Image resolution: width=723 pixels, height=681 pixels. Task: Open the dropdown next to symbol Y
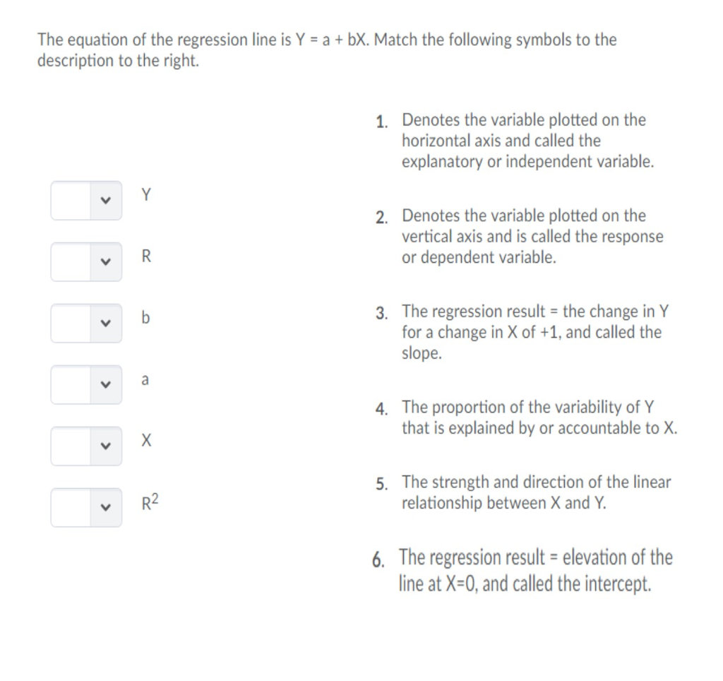coord(86,200)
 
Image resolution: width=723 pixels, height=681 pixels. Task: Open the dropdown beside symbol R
coord(86,261)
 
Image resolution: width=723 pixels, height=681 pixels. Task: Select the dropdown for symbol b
coord(86,323)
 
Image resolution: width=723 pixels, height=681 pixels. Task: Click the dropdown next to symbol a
coord(86,384)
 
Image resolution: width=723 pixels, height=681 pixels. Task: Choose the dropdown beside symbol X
coord(86,446)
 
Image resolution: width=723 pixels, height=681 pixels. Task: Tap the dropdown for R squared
coord(86,507)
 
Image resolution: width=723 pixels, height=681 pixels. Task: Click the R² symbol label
coord(150,503)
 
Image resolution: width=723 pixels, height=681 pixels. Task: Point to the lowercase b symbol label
coord(145,318)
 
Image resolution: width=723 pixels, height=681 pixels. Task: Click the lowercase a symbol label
coord(145,380)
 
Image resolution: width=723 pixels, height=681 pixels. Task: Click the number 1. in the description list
coord(382,122)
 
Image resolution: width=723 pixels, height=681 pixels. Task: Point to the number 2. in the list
coord(382,218)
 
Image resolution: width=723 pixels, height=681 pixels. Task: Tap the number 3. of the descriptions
coord(382,313)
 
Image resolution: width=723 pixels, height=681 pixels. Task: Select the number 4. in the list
coord(382,409)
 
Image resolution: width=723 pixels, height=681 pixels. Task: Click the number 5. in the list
coord(382,484)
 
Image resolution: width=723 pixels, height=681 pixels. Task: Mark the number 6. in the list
coord(379,560)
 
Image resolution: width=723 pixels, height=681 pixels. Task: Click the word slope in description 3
coord(421,353)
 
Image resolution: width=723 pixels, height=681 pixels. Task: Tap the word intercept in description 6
coord(620,585)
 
